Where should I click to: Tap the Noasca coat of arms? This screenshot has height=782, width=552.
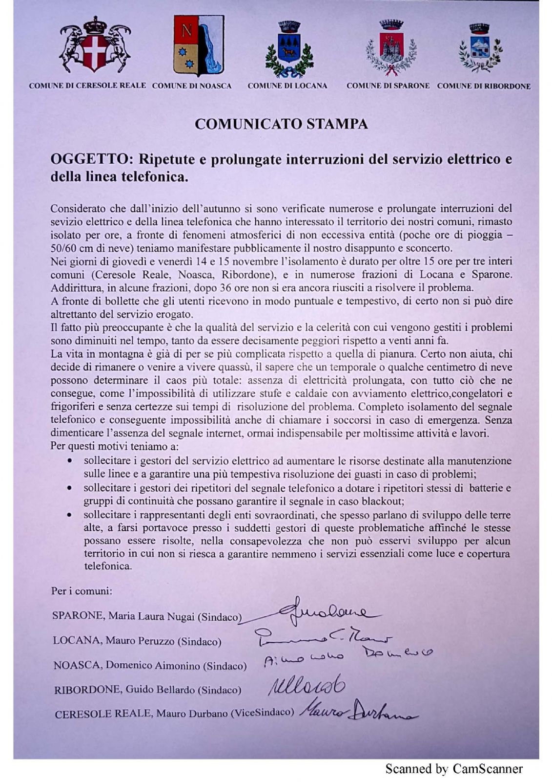(x=199, y=46)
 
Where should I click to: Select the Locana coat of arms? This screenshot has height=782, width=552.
(x=288, y=50)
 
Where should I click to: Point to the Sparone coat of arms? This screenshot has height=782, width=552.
(x=390, y=48)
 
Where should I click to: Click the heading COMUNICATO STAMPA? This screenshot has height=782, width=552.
(x=281, y=124)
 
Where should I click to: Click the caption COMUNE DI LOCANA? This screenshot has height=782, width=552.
(x=287, y=86)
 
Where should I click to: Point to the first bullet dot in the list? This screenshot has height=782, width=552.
(x=71, y=461)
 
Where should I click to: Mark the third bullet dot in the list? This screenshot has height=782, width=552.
(x=71, y=515)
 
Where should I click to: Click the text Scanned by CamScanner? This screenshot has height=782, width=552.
(x=454, y=769)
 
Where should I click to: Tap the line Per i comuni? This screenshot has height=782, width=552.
(x=82, y=591)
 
